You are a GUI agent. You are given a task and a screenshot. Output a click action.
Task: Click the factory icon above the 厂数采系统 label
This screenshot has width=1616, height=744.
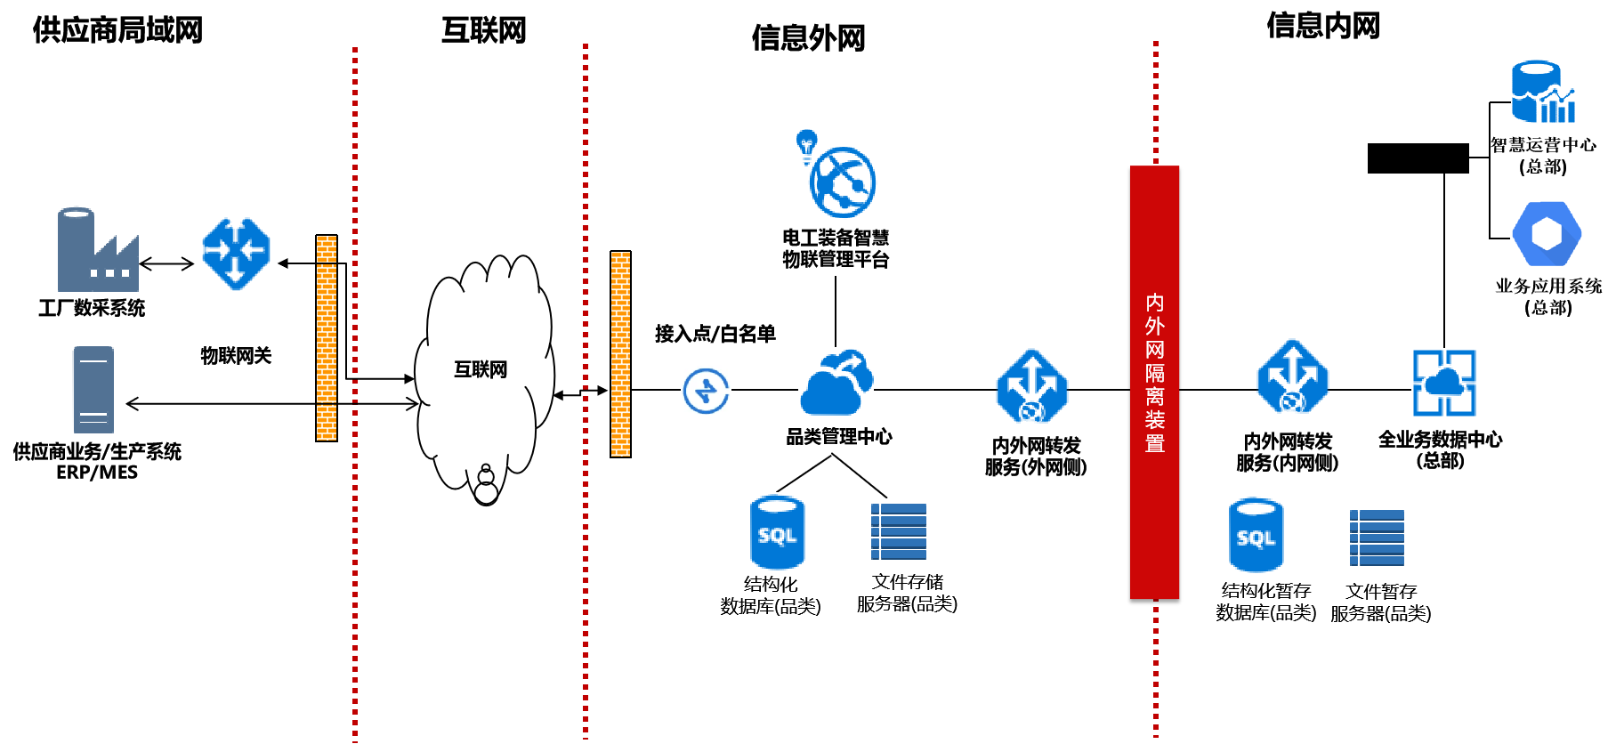tap(97, 249)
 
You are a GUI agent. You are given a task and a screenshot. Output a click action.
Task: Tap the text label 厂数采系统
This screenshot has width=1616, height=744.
tap(98, 308)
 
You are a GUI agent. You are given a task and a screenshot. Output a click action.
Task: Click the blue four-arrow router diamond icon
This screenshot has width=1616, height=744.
tap(236, 253)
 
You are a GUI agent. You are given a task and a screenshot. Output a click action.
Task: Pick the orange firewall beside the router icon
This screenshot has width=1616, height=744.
tap(327, 337)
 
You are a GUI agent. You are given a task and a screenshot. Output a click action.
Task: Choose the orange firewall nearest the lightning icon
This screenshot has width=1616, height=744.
tap(620, 353)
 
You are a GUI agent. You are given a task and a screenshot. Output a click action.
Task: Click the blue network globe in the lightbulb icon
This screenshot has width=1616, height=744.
tap(843, 182)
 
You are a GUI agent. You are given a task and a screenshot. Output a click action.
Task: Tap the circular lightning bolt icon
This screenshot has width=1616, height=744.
tap(706, 390)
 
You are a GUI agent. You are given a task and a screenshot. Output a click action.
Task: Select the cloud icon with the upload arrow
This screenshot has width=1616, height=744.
tap(836, 382)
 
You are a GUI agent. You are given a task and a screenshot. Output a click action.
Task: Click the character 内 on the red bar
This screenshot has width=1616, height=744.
tap(1154, 303)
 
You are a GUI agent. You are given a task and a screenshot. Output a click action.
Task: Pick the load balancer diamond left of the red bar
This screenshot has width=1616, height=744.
tap(1032, 385)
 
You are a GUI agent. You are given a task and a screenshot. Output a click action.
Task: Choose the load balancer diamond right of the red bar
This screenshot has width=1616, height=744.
tap(1292, 376)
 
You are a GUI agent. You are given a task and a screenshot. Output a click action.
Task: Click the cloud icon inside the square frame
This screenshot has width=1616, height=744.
tap(1443, 383)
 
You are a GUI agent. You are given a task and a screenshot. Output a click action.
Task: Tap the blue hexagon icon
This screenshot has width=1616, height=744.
tap(1547, 233)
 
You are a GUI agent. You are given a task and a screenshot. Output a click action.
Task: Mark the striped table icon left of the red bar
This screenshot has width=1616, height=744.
tap(898, 531)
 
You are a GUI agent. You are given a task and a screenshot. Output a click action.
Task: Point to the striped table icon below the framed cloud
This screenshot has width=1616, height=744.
tap(1377, 538)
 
